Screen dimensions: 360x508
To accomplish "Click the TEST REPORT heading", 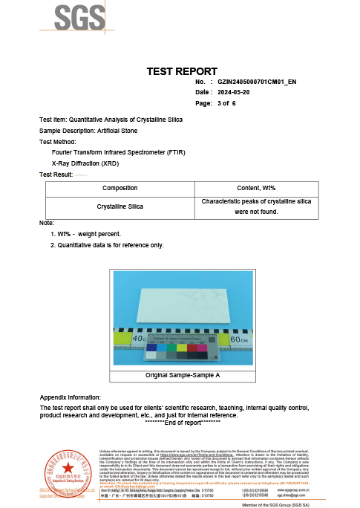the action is [180, 71].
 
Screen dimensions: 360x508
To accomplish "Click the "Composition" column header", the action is [120, 189].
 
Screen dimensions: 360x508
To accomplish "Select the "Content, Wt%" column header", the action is [255, 189].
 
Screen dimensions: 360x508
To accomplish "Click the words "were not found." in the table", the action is [255, 212].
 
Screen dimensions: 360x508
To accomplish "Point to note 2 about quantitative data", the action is [105, 244].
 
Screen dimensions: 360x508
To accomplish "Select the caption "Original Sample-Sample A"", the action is [180, 376].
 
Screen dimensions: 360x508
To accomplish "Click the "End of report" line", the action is [180, 423].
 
